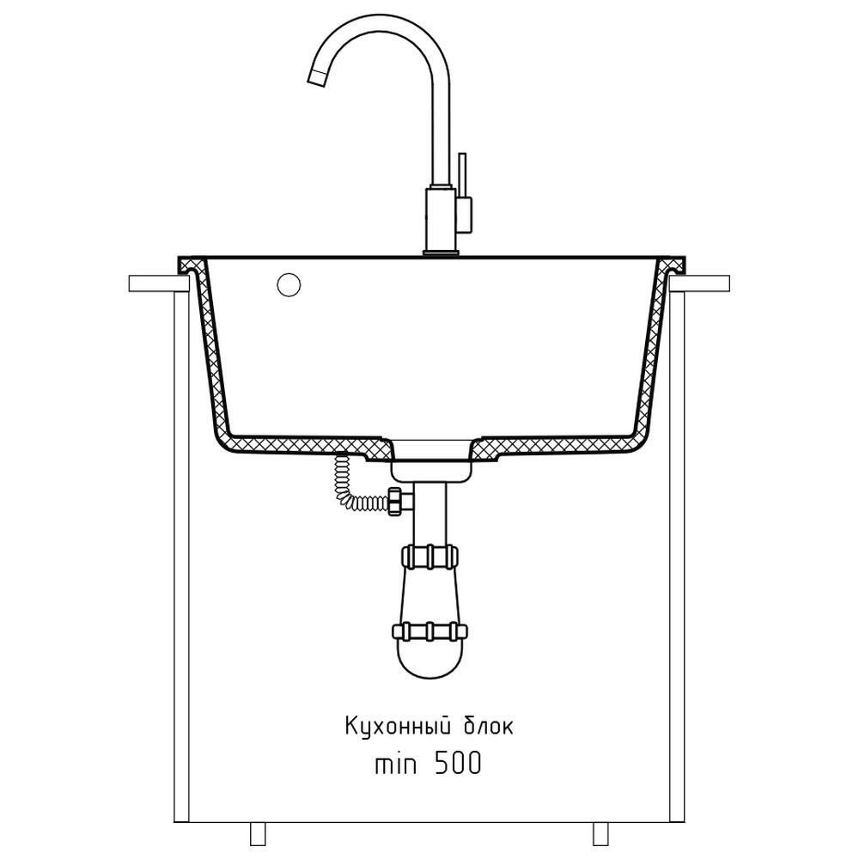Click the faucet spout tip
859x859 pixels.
[x=317, y=78]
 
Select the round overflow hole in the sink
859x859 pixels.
[x=289, y=285]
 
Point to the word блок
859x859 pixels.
[x=489, y=727]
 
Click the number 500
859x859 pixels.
[x=458, y=763]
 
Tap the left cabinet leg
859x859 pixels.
[x=258, y=834]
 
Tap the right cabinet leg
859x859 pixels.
[x=601, y=834]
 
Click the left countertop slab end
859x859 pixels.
[x=159, y=283]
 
